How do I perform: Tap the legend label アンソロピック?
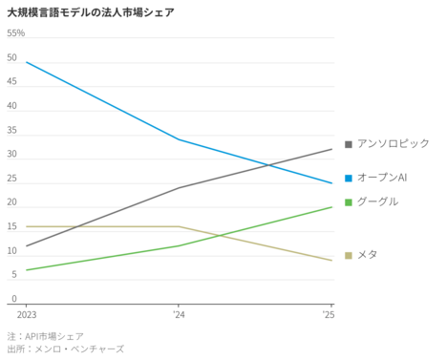click(393, 143)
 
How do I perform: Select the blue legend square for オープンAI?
click(349, 178)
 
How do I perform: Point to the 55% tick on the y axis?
click(16, 33)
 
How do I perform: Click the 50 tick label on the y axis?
click(11, 57)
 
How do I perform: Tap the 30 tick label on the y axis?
click(11, 155)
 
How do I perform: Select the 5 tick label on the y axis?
click(13, 275)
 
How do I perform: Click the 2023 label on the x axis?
click(27, 313)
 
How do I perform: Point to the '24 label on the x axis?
click(179, 313)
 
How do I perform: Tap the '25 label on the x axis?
click(328, 313)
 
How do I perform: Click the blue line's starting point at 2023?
click(27, 62)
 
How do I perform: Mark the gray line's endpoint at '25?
click(331, 149)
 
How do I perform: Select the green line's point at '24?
click(179, 245)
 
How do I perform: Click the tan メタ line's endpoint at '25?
click(331, 260)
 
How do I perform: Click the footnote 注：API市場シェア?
click(45, 336)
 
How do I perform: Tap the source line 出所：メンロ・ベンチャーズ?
click(65, 349)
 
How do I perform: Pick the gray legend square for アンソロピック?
click(349, 144)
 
